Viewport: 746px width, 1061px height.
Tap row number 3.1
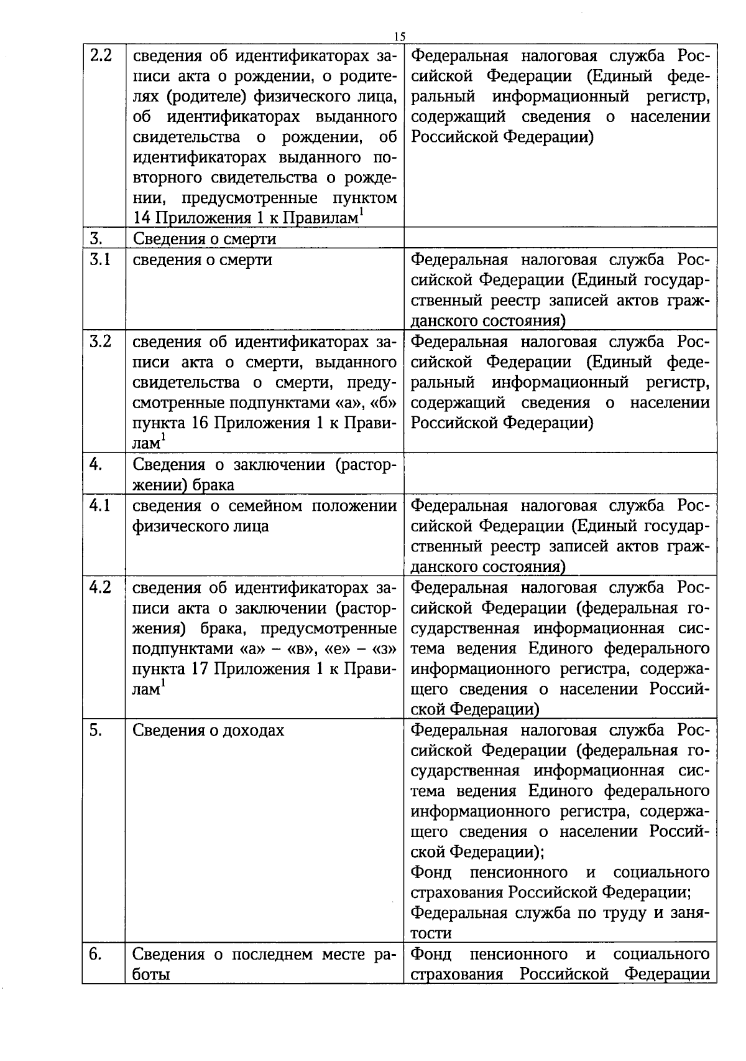pos(99,259)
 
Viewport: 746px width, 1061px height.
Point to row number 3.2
pos(101,342)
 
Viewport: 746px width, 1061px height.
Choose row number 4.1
pos(100,506)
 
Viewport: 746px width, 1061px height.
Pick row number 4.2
pos(101,587)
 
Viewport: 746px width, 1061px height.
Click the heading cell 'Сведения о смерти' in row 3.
pos(205,239)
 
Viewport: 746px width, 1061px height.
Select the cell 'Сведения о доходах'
pos(209,731)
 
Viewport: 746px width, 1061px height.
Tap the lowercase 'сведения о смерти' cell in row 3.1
pos(203,259)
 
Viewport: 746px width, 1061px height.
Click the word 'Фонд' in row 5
pos(431,872)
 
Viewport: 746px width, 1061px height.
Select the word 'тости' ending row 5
pos(431,933)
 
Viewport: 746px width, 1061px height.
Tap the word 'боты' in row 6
pos(152,975)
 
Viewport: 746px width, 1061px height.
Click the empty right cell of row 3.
pos(559,239)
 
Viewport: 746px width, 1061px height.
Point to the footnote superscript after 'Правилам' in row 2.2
pos(361,213)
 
